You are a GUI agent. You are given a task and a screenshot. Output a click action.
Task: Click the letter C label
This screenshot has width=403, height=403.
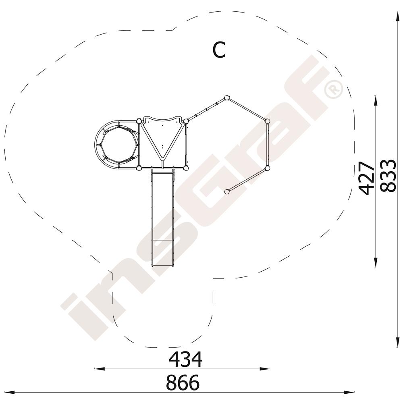coord(219,50)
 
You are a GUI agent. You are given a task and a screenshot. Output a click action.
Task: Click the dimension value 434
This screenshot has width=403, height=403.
coord(185,359)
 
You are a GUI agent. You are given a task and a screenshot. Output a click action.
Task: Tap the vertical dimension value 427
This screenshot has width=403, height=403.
coord(366,178)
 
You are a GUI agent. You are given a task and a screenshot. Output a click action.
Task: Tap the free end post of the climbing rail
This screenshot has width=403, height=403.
coord(226,191)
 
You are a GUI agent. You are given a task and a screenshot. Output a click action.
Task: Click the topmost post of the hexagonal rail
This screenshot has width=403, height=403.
coord(226,98)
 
